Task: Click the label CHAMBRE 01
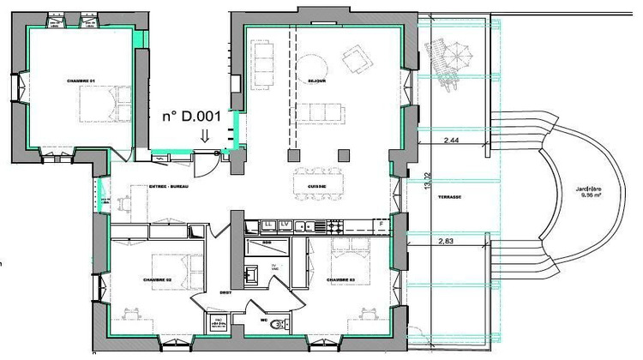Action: coord(81,81)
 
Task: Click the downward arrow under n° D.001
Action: coord(204,135)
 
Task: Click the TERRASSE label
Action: coord(449,198)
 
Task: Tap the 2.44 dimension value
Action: coord(451,140)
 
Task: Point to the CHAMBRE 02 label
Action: coord(158,280)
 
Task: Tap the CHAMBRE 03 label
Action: coord(340,280)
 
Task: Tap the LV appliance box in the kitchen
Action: coord(284,225)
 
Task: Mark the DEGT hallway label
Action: coord(225,293)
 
